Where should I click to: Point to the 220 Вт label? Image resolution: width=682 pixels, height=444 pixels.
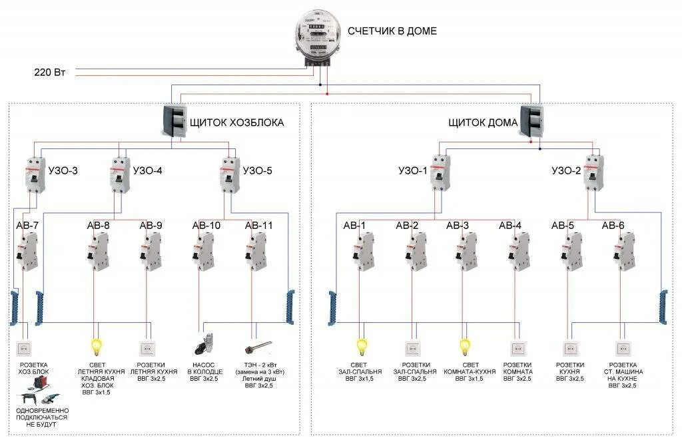[x=49, y=72]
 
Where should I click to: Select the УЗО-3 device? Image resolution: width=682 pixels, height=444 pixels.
[x=32, y=174]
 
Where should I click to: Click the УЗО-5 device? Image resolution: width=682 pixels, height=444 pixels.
[x=229, y=174]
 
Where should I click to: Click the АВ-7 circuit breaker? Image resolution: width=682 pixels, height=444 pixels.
[x=27, y=252]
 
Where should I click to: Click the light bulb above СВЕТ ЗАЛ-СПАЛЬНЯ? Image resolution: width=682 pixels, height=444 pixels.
[x=362, y=346]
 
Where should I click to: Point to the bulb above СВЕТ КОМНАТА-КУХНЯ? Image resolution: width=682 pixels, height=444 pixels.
[x=465, y=346]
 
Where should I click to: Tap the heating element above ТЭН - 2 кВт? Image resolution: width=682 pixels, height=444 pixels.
[x=258, y=347]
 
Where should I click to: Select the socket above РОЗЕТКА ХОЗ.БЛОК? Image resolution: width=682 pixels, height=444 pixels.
[x=25, y=347]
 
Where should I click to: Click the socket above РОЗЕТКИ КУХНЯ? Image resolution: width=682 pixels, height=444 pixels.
[x=570, y=347]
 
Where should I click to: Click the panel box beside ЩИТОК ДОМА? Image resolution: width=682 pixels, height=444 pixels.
[x=531, y=120]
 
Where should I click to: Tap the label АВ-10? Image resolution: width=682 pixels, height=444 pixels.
[x=206, y=226]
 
